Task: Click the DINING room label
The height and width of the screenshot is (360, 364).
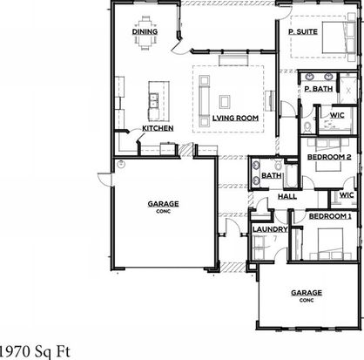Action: (145, 31)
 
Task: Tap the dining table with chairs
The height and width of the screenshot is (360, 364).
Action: (145, 33)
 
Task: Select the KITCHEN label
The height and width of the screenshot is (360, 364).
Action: (158, 128)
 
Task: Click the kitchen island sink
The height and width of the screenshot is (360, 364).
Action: (153, 100)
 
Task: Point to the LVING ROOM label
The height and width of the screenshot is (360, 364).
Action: (235, 118)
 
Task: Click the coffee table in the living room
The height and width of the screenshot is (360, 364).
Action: (225, 102)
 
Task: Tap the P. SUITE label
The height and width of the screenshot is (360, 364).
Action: (303, 31)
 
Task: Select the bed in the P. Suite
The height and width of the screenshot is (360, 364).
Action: (339, 37)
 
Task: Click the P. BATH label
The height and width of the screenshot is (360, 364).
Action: (319, 89)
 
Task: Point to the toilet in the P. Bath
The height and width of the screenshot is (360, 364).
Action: (307, 126)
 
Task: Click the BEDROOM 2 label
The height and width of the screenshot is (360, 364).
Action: (329, 157)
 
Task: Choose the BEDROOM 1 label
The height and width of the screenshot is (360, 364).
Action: (330, 216)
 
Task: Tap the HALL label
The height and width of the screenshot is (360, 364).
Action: (287, 196)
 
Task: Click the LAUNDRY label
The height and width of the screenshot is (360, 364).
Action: (270, 229)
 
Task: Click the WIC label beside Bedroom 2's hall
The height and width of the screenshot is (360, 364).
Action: (347, 195)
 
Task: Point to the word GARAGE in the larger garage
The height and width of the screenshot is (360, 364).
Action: (163, 204)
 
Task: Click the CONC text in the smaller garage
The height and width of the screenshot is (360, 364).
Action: (307, 300)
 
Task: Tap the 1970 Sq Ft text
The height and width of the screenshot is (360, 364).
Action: (34, 351)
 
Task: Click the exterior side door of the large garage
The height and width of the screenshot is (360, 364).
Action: (105, 179)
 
